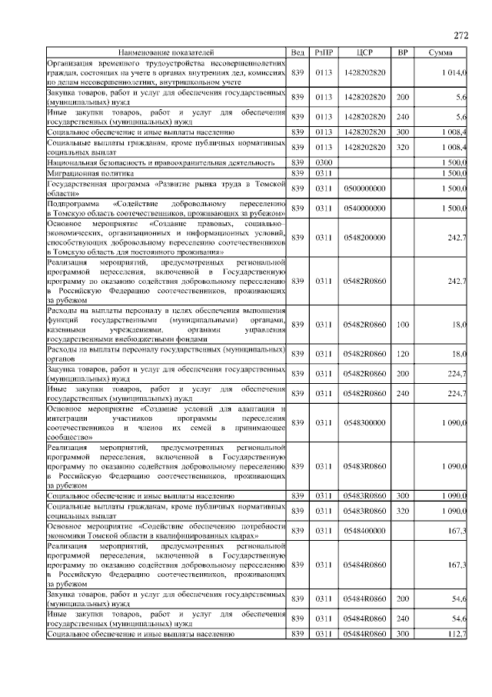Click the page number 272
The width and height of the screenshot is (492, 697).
point(461,35)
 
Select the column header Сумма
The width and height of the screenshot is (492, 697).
point(440,52)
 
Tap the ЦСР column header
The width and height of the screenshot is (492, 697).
point(365,52)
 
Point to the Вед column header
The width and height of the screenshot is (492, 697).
point(298,52)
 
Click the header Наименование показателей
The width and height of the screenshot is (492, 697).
point(166,52)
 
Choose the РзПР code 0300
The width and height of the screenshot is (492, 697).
point(323,163)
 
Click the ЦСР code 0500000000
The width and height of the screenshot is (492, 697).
point(365,188)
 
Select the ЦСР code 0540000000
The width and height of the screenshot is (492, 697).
point(365,208)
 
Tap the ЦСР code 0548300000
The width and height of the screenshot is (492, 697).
point(365,422)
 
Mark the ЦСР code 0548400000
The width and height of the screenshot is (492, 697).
point(365,531)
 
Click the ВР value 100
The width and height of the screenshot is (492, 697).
point(402,325)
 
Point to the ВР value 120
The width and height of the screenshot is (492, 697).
point(402,353)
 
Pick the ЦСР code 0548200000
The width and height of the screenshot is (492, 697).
point(365,238)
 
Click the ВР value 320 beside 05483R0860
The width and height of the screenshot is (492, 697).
point(402,511)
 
